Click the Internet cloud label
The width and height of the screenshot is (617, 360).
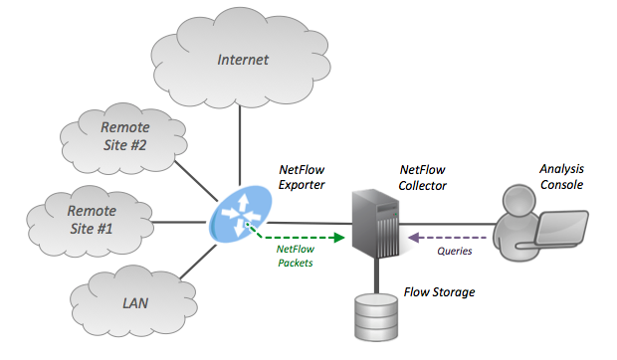[243, 60]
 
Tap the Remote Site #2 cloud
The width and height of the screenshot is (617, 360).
[124, 137]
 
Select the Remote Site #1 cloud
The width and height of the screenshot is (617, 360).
[91, 220]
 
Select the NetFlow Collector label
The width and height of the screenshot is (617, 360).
[422, 178]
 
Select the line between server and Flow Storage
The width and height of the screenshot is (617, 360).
[376, 276]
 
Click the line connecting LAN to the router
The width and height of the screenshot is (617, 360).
[194, 259]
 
